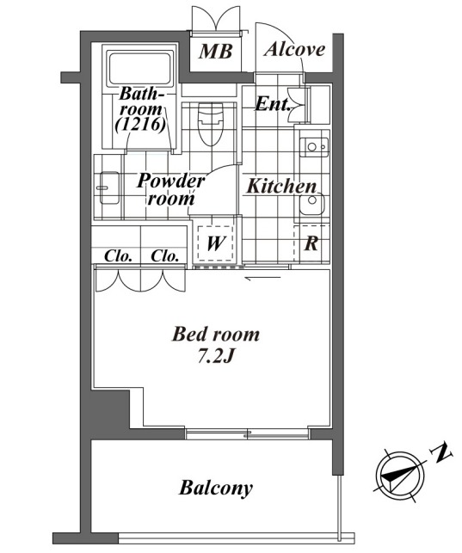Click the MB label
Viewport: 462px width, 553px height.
(x=215, y=52)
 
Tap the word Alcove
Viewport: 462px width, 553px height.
(x=294, y=49)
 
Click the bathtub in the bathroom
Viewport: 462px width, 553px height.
(x=140, y=69)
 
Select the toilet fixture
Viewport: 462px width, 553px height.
(x=211, y=124)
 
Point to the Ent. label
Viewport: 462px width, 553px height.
(x=272, y=104)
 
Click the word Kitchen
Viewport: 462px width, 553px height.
(x=281, y=186)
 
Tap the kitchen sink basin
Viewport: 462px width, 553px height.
(x=311, y=203)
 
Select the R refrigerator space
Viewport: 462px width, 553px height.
(x=311, y=243)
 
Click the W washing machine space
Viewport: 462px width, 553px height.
(x=215, y=243)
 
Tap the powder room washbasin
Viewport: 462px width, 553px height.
(x=109, y=187)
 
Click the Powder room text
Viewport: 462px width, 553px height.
(x=170, y=190)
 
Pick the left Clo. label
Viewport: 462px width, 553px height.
(x=118, y=255)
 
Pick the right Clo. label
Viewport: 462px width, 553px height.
(x=164, y=255)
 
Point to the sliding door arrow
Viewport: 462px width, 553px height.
(x=262, y=279)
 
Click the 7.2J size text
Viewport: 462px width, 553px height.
(x=215, y=357)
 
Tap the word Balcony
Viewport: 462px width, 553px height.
(x=216, y=488)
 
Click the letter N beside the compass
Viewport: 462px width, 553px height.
(x=440, y=452)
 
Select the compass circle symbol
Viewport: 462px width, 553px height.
(x=400, y=476)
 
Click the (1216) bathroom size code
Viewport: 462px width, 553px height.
(x=140, y=124)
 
